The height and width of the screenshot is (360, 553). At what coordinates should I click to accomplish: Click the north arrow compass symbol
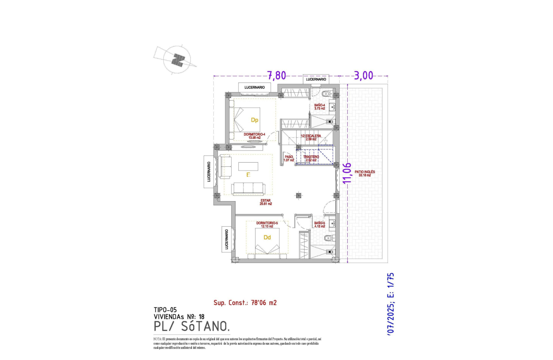click(178, 60)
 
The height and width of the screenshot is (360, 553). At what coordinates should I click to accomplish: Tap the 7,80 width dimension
click(276, 75)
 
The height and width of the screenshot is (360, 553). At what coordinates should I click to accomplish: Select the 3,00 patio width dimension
click(364, 75)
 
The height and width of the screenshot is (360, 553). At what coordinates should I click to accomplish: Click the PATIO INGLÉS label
click(364, 174)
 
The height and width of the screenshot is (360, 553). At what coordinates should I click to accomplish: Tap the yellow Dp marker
click(254, 120)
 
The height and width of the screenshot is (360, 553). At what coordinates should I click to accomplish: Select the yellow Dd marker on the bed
click(267, 238)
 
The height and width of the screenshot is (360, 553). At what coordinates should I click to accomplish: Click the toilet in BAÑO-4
click(328, 93)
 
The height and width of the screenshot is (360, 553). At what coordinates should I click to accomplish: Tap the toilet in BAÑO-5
click(328, 238)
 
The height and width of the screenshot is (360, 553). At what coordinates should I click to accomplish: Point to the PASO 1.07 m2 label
click(289, 158)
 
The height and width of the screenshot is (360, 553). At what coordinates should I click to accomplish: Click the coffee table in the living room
click(248, 166)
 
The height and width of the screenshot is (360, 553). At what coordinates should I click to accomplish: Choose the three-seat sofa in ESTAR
click(248, 189)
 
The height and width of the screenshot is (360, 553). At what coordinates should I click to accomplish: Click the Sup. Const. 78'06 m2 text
click(245, 302)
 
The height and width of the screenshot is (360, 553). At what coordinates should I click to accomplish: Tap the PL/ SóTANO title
click(191, 326)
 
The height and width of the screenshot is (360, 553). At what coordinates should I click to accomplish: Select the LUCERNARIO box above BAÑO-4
click(316, 79)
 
